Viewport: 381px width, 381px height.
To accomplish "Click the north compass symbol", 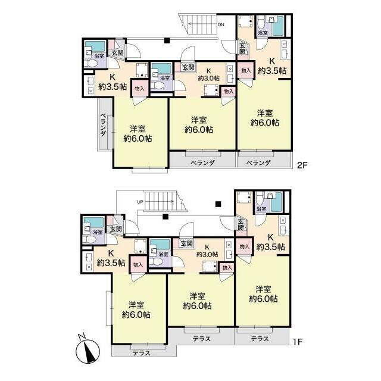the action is pos(88,351).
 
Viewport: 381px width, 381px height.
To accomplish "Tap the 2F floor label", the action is pos(302,165).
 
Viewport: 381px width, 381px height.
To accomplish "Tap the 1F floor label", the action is pos(298,342).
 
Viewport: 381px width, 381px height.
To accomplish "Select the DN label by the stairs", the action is pos(221,24).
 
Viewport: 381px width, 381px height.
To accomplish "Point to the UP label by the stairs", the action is pos(140,202).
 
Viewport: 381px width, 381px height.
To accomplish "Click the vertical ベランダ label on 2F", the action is pos(103,124).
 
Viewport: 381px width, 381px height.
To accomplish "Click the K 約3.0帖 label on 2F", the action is pos(209,74).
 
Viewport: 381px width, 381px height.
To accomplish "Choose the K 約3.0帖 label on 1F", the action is pos(207,251).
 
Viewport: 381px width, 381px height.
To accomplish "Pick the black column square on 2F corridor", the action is pos(167,40).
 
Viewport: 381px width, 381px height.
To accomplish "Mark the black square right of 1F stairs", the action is pos(218,204).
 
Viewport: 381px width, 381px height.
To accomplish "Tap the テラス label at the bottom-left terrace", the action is pos(142,353).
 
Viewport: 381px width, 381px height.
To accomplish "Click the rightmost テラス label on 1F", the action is pos(260,339).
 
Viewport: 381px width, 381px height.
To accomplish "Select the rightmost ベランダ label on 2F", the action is pos(258,163).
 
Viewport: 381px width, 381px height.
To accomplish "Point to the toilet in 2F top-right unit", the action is pos(261,23).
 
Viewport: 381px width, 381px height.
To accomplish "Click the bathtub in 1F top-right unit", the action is pos(276,202).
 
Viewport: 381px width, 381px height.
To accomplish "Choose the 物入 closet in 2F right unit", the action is pos(246,70).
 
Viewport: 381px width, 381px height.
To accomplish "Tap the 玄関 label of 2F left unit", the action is pos(117,53).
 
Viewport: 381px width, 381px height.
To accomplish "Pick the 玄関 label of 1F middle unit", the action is pos(187,243).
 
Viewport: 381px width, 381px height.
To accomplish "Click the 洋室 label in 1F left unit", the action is pos(136,304).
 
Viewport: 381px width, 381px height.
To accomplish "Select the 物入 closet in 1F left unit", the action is pos(138,264).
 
